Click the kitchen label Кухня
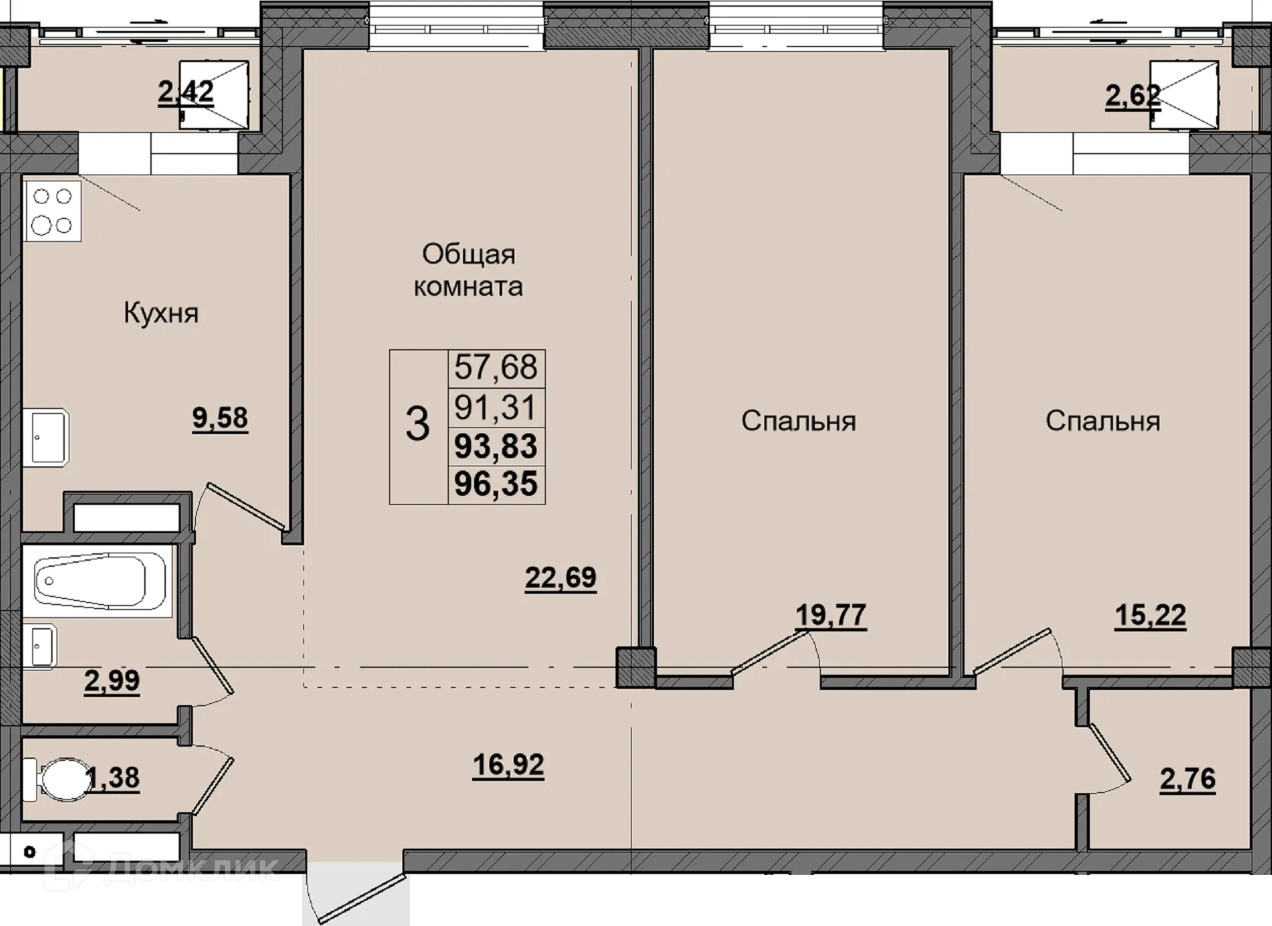coord(161,313)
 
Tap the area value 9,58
coord(220,418)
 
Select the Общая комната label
coord(468,270)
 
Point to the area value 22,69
coord(561,578)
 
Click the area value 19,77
coord(831,615)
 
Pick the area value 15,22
coord(1151,615)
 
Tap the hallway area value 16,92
coord(508,765)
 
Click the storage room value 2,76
coord(1188,779)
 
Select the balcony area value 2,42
coord(186,92)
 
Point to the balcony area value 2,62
coord(1133,96)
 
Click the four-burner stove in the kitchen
coord(53,211)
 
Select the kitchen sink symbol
coord(46,437)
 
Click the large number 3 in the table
coord(418,425)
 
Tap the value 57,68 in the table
coord(496,367)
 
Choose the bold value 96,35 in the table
coord(496,484)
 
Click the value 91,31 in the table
coord(496,408)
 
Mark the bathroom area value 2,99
coord(112,681)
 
